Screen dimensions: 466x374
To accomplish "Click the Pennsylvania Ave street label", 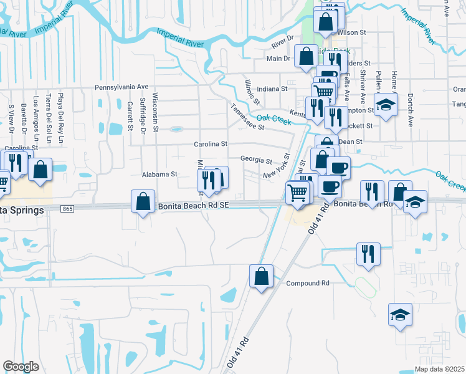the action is point(121,88).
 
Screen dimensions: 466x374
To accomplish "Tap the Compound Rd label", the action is point(307,284).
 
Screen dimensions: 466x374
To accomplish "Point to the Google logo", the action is point(21,367).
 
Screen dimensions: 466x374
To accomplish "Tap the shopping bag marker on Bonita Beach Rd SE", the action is point(143,201).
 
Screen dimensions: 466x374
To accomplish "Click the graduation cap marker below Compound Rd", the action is point(400,314).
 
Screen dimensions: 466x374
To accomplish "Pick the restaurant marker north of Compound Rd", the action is point(368,254).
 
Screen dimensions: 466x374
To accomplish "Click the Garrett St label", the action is point(130,117).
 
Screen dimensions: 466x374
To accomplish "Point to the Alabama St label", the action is point(160,175).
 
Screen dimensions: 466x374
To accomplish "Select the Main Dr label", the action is point(278,59).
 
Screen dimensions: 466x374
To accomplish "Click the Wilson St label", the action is point(351,31).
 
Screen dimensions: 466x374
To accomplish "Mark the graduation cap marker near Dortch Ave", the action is point(386,104).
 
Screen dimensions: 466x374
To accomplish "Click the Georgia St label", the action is point(257,160).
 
